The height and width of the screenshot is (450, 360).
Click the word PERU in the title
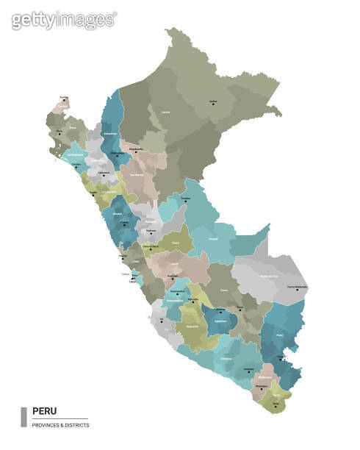point(44,411)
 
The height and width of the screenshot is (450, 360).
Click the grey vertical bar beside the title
point(24,416)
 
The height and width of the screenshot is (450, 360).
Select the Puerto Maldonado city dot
point(298,289)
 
